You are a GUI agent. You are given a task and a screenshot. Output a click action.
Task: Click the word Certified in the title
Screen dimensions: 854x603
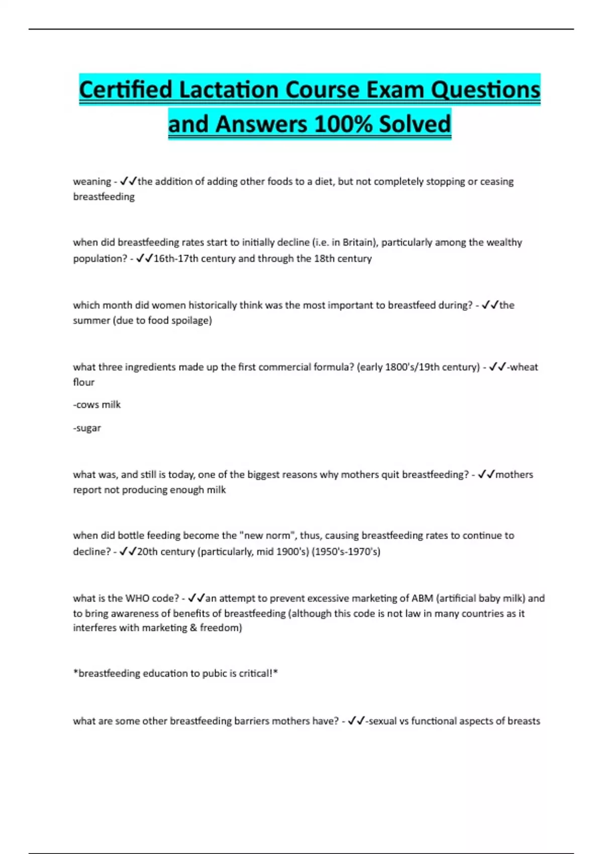(x=126, y=90)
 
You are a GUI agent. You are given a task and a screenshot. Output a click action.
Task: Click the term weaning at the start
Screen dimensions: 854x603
(x=92, y=181)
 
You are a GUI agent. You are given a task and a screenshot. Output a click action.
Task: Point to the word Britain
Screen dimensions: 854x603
(x=359, y=242)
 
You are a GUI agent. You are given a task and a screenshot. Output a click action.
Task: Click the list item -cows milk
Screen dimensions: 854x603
(x=97, y=404)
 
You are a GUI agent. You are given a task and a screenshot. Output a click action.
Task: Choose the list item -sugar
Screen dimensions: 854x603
(x=87, y=428)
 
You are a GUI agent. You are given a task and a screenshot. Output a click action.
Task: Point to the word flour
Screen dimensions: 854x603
(x=84, y=382)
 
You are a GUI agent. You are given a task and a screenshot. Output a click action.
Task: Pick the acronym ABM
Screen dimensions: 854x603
(x=422, y=598)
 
